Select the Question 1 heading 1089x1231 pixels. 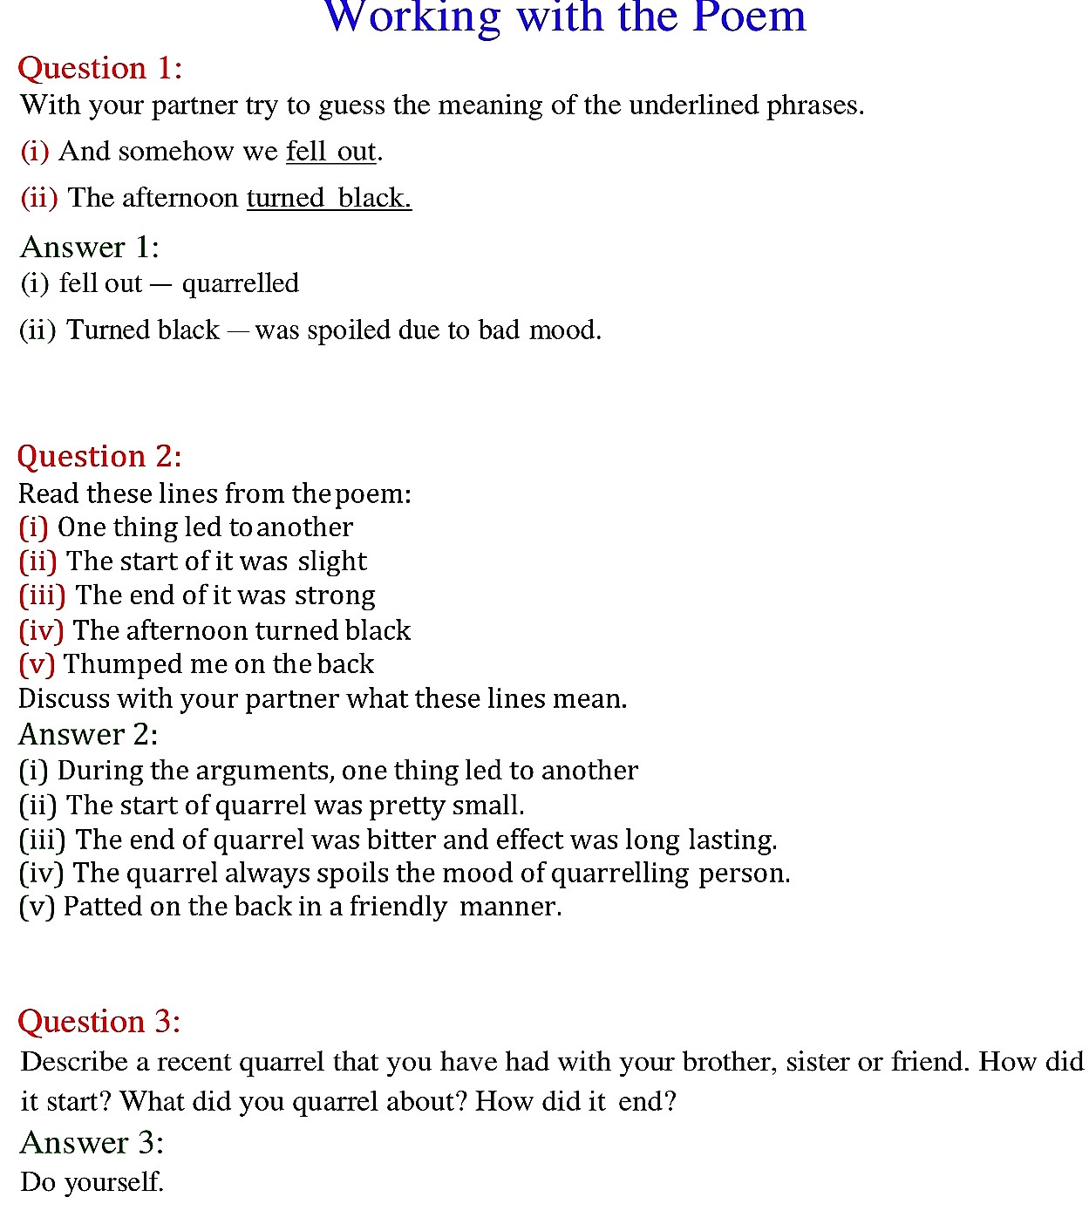click(100, 68)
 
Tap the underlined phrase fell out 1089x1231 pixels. click(331, 152)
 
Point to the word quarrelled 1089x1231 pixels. click(241, 283)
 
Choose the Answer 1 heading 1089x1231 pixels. click(89, 248)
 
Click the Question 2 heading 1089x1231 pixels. click(99, 456)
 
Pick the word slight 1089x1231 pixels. click(332, 561)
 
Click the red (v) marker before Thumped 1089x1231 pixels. click(37, 664)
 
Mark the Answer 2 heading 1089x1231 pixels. click(88, 735)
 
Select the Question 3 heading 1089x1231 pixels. click(99, 1021)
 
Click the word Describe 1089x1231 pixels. click(74, 1062)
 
